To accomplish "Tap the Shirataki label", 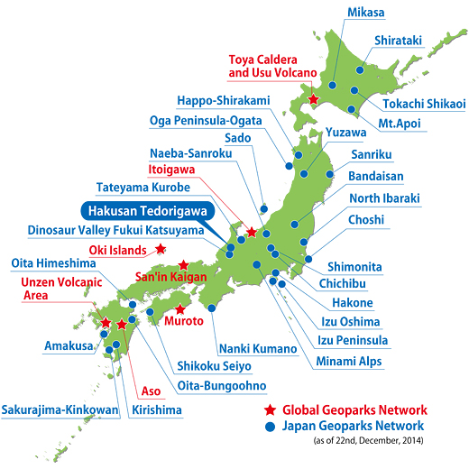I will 400,41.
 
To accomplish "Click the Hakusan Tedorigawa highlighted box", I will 144,210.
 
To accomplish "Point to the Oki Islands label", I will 118,250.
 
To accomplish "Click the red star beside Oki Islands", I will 161,249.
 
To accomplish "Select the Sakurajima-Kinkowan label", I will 60,409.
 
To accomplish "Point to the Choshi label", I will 366,220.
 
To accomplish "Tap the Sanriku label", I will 366,155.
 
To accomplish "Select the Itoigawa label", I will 172,169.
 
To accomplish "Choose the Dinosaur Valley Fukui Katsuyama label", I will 115,230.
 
